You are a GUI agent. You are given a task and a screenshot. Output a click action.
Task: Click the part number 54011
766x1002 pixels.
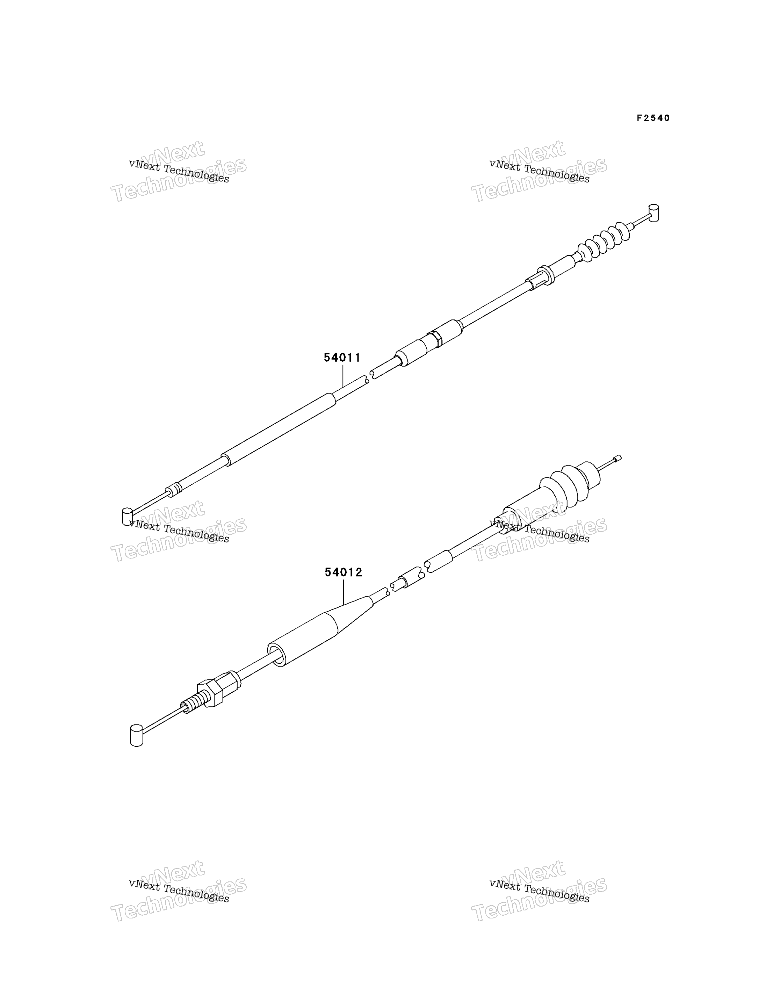[342, 358]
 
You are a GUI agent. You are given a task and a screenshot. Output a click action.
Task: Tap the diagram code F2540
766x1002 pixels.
[653, 118]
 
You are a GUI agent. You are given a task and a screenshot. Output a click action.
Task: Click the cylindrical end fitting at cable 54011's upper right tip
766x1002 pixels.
[654, 213]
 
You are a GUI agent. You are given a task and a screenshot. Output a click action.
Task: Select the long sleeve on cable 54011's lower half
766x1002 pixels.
[279, 429]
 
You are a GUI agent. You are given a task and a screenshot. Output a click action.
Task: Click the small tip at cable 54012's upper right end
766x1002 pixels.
[618, 458]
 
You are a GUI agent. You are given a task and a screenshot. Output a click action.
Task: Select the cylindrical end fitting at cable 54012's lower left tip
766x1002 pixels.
[136, 735]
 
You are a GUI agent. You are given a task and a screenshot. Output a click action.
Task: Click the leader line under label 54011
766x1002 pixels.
[342, 376]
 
